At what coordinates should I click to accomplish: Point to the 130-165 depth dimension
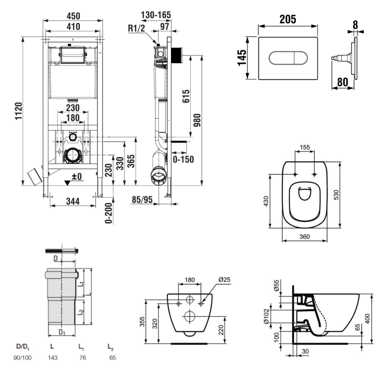coord(156,15)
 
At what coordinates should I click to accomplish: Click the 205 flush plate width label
coord(288,19)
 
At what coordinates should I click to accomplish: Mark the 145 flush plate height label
coord(242,58)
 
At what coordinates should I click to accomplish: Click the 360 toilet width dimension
coord(304,237)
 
